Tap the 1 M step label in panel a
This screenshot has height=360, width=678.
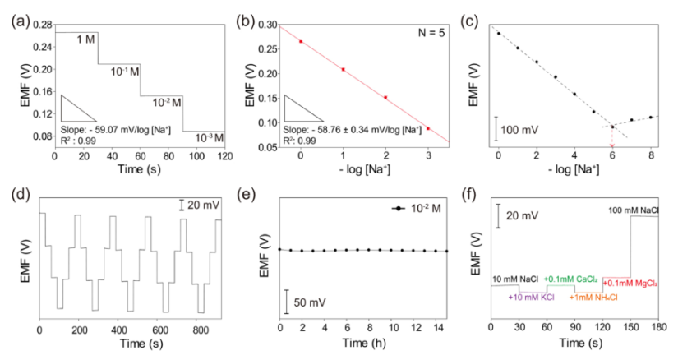click(85, 39)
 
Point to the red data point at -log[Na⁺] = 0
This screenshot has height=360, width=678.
click(301, 41)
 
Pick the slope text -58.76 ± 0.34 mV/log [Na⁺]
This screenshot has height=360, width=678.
click(362, 129)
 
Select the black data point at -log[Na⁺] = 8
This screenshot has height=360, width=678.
click(650, 117)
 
